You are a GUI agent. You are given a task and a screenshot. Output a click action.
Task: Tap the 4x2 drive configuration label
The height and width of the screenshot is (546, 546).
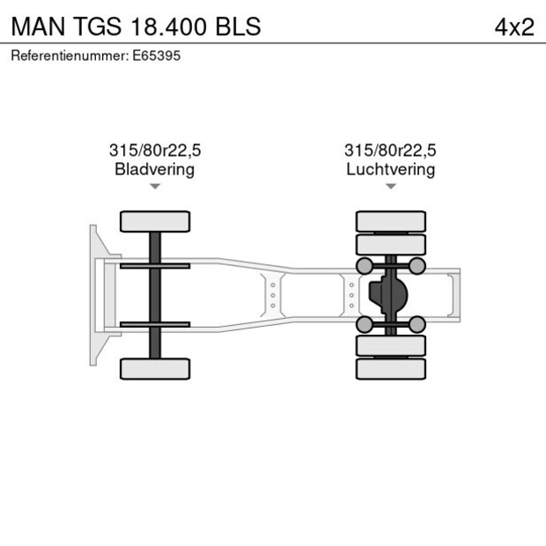coord(514,26)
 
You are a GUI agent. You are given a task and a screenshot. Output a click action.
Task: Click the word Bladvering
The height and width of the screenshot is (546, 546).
coord(154,169)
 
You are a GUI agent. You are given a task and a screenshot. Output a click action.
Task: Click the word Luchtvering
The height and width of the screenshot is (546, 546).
coord(390,169)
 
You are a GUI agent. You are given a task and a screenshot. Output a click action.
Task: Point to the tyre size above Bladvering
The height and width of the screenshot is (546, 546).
coord(154,151)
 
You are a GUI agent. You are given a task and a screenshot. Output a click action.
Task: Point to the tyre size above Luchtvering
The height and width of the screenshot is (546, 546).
coord(390,151)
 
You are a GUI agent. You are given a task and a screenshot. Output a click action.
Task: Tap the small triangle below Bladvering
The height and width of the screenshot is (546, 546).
coord(155,187)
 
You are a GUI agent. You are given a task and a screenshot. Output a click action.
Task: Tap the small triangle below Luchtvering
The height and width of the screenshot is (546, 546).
coord(390,187)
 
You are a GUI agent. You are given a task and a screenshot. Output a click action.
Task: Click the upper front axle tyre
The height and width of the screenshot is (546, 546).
coord(155,221)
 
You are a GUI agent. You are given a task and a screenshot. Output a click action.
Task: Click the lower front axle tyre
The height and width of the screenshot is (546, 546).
coord(155,369)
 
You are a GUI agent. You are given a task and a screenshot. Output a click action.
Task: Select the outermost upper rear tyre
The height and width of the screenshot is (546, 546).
coord(390,221)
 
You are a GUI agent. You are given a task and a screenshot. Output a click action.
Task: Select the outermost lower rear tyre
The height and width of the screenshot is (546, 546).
coord(390,369)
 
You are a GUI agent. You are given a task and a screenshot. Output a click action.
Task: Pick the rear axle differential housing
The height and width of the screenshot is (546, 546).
coord(387,295)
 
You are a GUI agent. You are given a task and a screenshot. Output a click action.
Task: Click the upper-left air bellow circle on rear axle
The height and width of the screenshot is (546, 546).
coord(363,266)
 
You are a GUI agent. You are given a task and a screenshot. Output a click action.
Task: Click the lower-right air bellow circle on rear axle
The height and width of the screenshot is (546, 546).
coord(417,325)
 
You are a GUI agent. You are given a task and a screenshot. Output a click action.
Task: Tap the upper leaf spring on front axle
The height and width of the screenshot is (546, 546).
coord(155,265)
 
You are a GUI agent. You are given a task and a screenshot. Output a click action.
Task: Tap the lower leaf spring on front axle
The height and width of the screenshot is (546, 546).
coord(155,324)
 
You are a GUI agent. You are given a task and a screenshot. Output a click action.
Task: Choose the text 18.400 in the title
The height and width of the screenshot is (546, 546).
coord(166,26)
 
